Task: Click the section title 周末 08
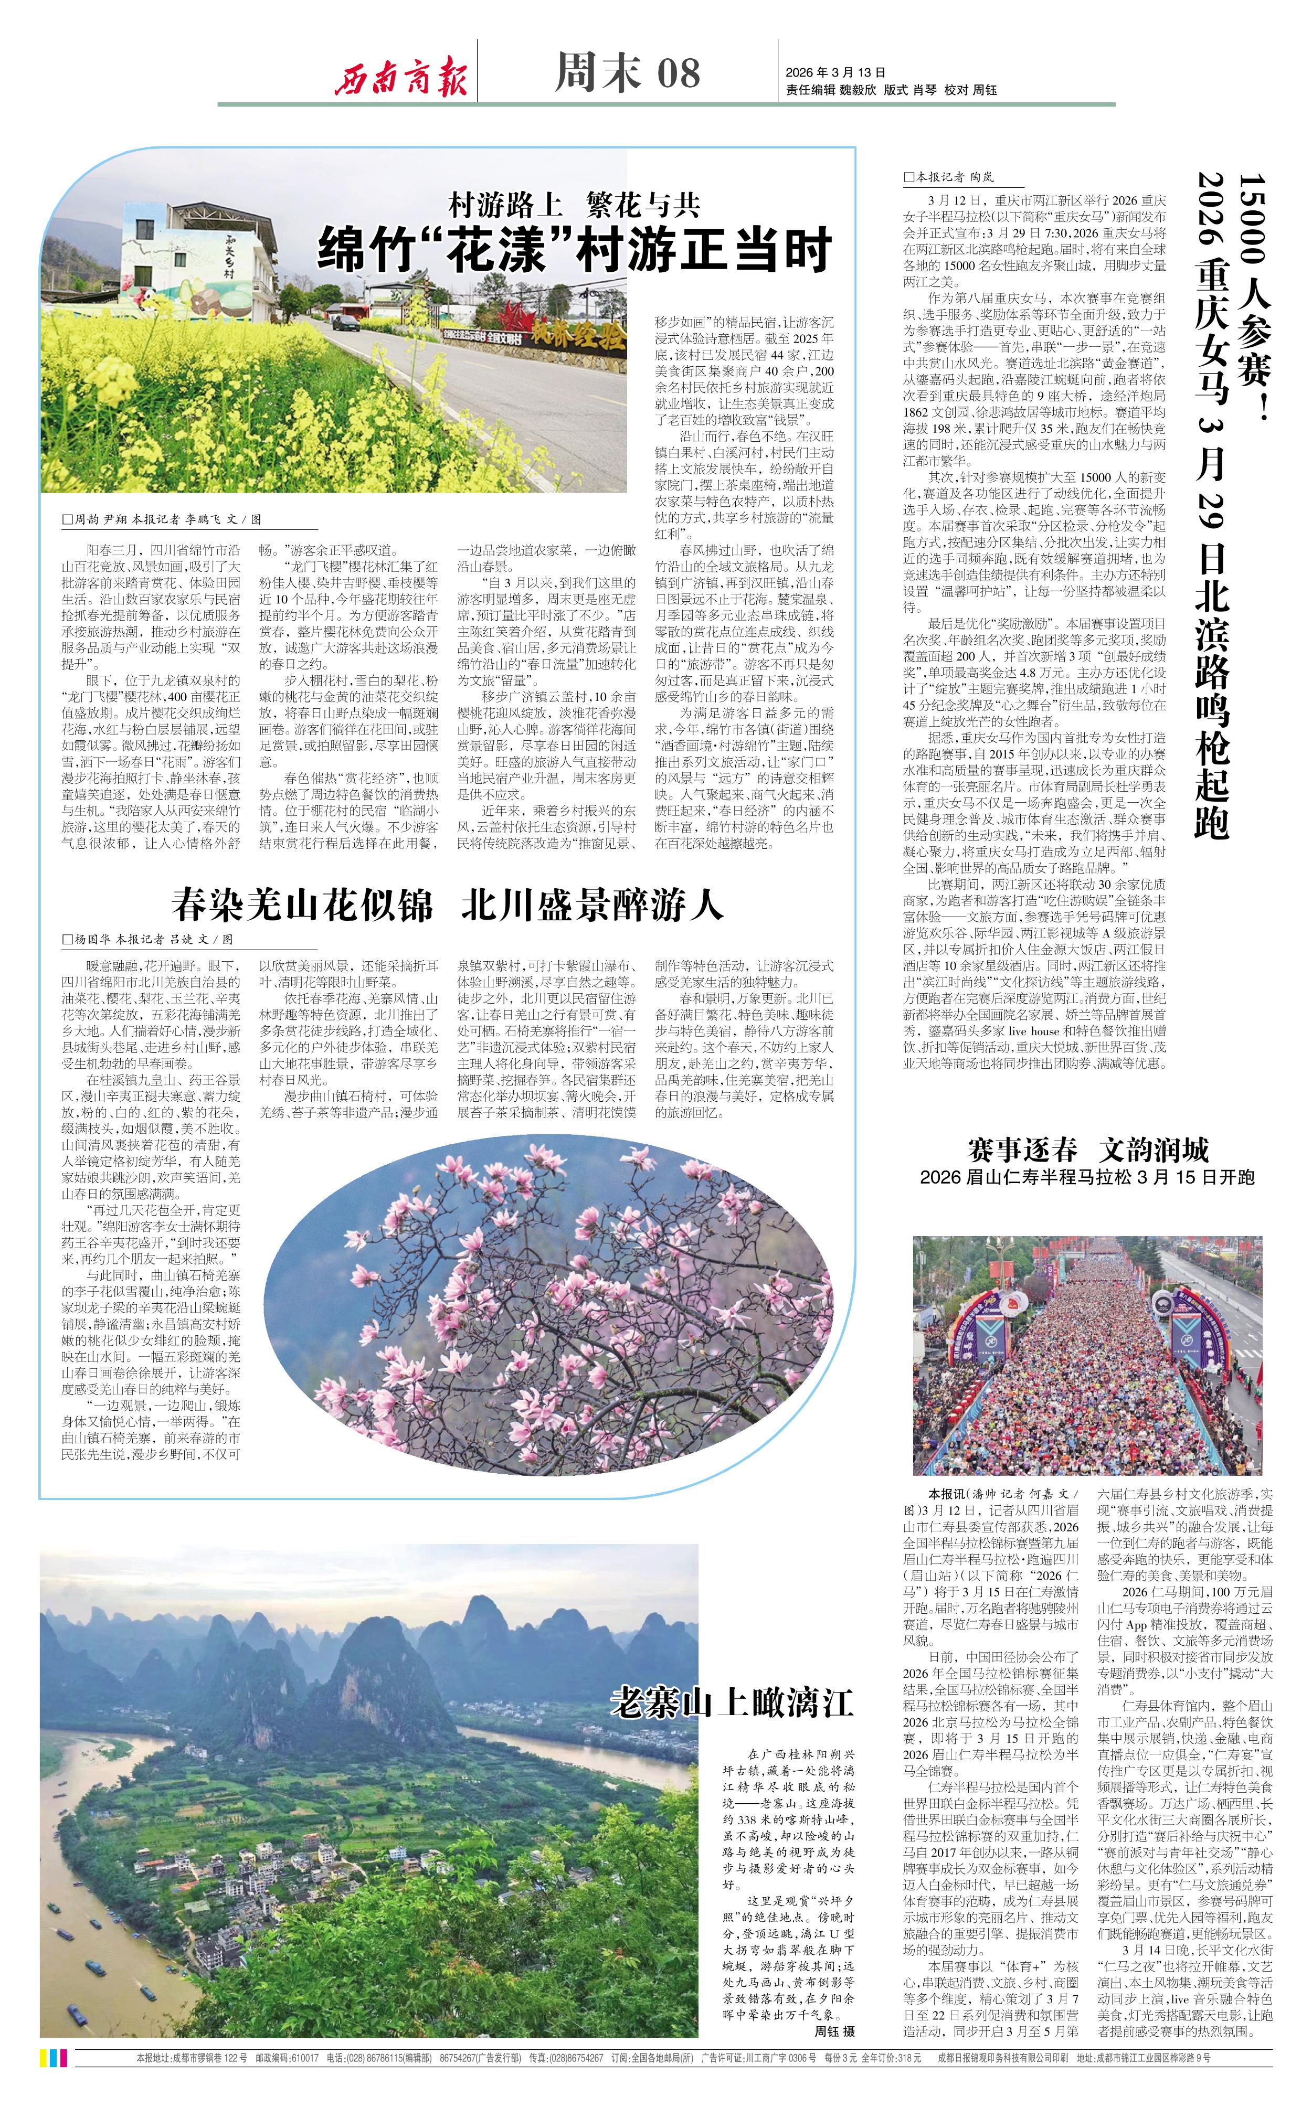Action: (627, 72)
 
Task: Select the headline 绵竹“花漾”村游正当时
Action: (575, 250)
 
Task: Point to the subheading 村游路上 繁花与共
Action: (575, 206)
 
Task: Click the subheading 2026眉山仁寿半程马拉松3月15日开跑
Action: (1087, 1177)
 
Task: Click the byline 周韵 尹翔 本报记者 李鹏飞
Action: (161, 519)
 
